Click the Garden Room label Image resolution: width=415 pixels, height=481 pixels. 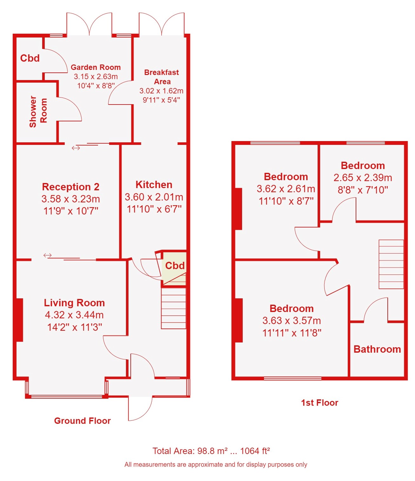tap(96, 67)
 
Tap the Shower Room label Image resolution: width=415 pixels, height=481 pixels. tap(38, 112)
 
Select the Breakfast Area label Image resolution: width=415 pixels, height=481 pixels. tap(162, 77)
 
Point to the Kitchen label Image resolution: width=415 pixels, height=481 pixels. tap(154, 185)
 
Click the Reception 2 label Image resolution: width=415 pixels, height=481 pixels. tap(71, 186)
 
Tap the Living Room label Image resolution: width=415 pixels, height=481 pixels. tap(74, 303)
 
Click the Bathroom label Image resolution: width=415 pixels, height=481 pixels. tap(377, 349)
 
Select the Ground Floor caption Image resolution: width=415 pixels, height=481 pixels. tap(82, 421)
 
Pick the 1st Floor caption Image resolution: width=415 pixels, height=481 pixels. tap(319, 403)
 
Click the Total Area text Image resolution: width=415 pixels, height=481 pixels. tap(211, 451)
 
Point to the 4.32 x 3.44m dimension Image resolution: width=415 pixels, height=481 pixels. tap(74, 315)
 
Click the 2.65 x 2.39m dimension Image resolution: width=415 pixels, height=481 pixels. tap(363, 178)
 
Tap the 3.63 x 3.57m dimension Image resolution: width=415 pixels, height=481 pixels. tap(292, 321)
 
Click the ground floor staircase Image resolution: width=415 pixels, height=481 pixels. tap(174, 308)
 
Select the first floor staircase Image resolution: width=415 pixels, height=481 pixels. tap(391, 264)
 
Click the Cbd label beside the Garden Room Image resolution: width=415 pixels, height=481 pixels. tap(30, 58)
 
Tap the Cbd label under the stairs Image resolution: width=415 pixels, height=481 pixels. tap(175, 266)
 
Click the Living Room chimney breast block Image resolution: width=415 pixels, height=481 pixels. tap(20, 320)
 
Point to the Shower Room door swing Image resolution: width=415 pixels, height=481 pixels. tap(69, 109)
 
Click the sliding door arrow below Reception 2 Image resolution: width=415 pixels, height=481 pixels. tap(47, 255)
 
